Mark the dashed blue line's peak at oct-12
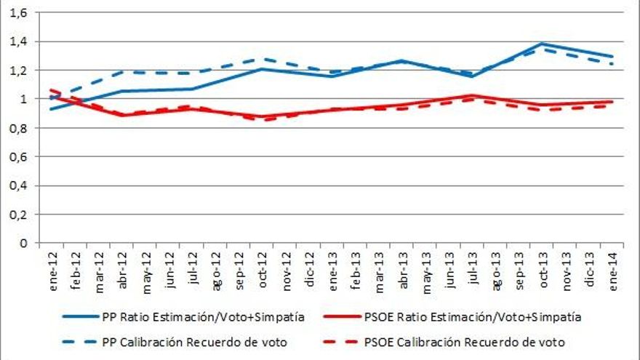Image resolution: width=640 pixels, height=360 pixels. (261, 59)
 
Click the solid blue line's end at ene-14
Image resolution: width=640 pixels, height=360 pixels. (612, 56)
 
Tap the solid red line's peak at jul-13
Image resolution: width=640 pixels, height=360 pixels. (472, 95)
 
